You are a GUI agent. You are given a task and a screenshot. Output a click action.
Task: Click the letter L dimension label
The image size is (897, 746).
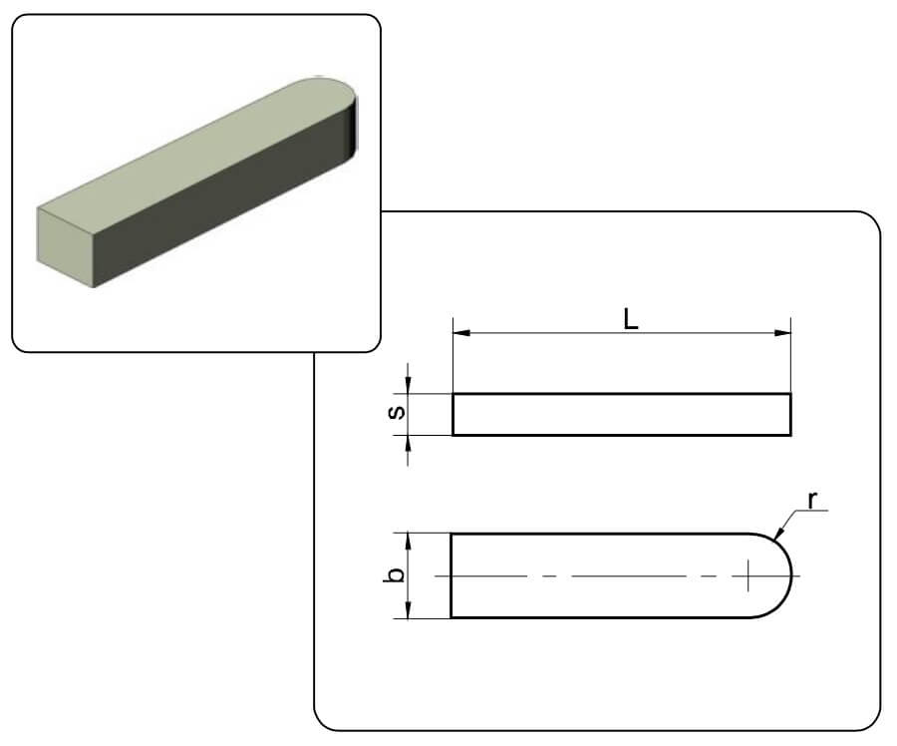631,319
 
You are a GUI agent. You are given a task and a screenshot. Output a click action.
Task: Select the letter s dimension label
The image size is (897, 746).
397,412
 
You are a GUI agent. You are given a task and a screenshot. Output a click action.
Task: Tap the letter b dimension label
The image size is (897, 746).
394,574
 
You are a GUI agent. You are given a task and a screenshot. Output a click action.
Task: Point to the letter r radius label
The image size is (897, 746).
812,500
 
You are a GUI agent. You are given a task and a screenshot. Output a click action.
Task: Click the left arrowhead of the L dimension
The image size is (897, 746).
461,333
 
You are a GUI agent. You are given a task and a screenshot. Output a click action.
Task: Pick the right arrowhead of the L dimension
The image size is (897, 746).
782,333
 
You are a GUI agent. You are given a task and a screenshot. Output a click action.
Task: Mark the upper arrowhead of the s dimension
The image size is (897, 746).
408,385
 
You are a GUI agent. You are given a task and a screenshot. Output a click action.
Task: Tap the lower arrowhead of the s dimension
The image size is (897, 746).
408,444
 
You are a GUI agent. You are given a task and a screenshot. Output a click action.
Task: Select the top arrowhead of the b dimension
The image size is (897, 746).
408,542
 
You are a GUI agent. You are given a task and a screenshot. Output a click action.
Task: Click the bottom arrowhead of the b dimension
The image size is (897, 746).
408,609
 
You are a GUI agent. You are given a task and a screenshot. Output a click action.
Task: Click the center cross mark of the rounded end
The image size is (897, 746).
748,575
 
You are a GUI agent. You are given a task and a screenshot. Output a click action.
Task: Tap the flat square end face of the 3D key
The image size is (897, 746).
65,246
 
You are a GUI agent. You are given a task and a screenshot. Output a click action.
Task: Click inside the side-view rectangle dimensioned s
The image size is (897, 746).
622,415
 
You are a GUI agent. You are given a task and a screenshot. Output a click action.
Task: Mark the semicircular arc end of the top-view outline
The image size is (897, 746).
791,575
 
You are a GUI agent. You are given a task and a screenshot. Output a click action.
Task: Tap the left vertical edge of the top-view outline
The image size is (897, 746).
451,575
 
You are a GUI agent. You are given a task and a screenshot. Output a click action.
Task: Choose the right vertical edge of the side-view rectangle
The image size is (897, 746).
790,415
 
